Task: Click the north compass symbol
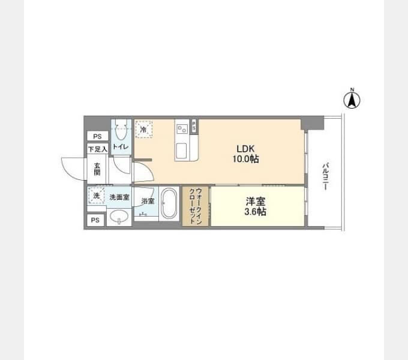pyautogui.click(x=352, y=99)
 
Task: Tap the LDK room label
pyautogui.click(x=245, y=149)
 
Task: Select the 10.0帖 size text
pyautogui.click(x=245, y=158)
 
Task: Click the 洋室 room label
pyautogui.click(x=256, y=202)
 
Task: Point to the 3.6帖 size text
pyautogui.click(x=255, y=212)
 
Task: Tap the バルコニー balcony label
pyautogui.click(x=326, y=176)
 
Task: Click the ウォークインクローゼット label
pyautogui.click(x=196, y=206)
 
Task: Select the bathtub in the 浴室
pyautogui.click(x=169, y=203)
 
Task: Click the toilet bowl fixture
pyautogui.click(x=121, y=130)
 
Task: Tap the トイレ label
pyautogui.click(x=121, y=147)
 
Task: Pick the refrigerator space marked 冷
pyautogui.click(x=143, y=129)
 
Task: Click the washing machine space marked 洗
pyautogui.click(x=96, y=196)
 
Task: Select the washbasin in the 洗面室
pyautogui.click(x=119, y=217)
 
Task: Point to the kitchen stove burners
pyautogui.click(x=182, y=128)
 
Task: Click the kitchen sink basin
pyautogui.click(x=181, y=151)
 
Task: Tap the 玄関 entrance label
pyautogui.click(x=97, y=169)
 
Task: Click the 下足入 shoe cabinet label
pyautogui.click(x=98, y=149)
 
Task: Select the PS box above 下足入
pyautogui.click(x=98, y=136)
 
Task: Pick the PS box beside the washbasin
pyautogui.click(x=95, y=220)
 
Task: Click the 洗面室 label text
pyautogui.click(x=119, y=197)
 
